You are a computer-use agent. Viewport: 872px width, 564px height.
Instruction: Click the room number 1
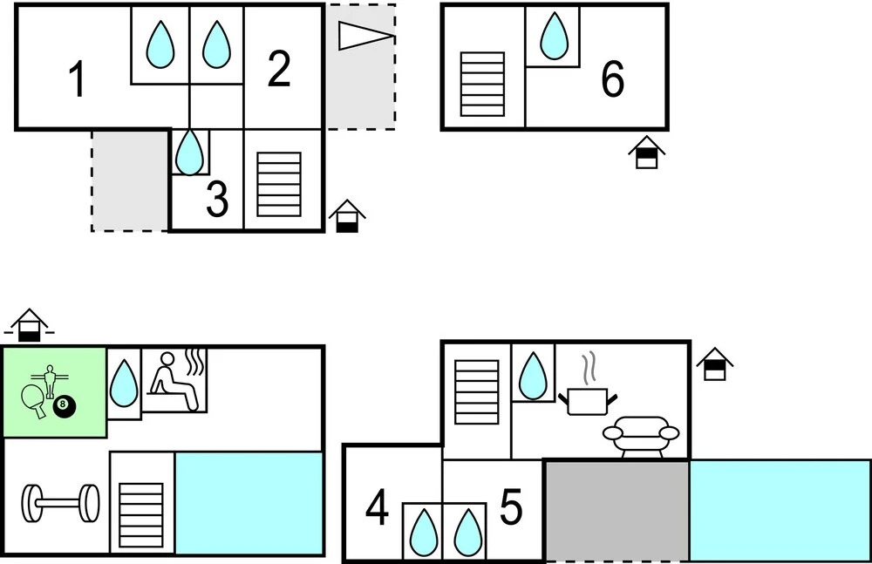click(x=78, y=79)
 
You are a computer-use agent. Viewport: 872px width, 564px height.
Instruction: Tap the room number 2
click(x=278, y=71)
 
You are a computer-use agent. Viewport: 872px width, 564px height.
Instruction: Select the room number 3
click(x=216, y=200)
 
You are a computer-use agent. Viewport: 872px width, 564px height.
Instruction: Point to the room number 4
click(x=377, y=509)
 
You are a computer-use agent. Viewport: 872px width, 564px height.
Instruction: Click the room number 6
click(x=613, y=80)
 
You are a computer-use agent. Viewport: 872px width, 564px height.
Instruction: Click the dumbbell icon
click(x=60, y=503)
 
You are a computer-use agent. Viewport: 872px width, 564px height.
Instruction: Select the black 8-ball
click(x=64, y=407)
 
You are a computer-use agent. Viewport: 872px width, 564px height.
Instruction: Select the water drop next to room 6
click(x=553, y=35)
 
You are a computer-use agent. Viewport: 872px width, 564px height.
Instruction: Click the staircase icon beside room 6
click(x=482, y=85)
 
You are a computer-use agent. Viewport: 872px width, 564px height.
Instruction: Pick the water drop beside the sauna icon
click(x=124, y=384)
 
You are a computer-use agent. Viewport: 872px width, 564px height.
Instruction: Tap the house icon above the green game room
click(x=30, y=324)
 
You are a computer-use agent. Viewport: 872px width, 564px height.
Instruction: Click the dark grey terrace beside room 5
click(x=617, y=511)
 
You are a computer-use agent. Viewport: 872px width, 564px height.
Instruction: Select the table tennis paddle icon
click(x=34, y=400)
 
